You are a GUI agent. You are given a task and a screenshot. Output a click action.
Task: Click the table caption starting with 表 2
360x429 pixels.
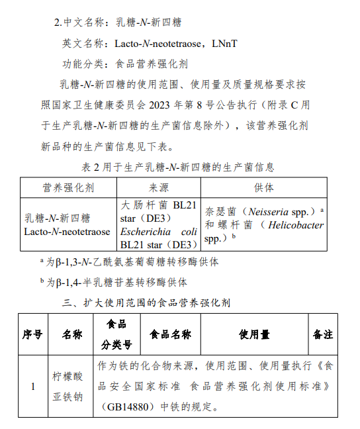(177, 167)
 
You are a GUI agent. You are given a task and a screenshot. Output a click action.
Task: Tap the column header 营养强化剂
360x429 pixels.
(68, 188)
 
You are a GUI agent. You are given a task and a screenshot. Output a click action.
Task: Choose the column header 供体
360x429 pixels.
(263, 188)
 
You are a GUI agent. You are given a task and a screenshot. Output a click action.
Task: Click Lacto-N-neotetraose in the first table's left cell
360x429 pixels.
(67, 232)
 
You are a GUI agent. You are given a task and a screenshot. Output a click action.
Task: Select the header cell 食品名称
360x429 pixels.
(170, 334)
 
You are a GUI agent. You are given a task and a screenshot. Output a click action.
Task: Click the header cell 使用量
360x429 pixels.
(254, 334)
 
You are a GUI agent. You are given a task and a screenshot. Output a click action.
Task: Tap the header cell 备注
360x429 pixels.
(323, 334)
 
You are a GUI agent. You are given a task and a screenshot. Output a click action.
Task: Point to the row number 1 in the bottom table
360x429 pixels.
(33, 386)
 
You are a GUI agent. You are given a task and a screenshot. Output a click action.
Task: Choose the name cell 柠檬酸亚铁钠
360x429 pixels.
(68, 386)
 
